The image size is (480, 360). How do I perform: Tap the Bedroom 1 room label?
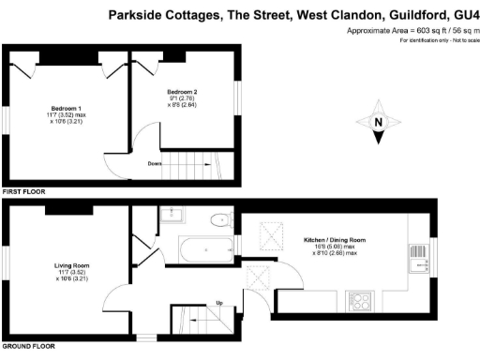(x=67, y=108)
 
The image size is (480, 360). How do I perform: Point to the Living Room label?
(x=70, y=266)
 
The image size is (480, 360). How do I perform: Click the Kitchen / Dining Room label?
(x=334, y=241)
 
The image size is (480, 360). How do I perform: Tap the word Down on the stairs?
(x=156, y=163)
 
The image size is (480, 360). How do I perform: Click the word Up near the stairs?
(x=219, y=302)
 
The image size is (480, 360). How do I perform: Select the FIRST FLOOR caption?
(x=23, y=191)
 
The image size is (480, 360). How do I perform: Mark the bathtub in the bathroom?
(x=207, y=249)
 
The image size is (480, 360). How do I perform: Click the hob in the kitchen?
(x=360, y=303)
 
